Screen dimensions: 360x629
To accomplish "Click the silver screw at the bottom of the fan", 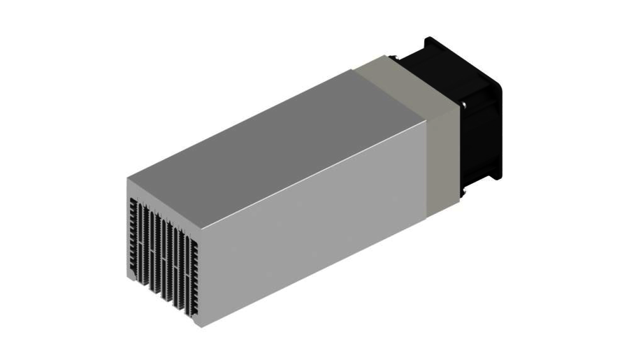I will (461, 195).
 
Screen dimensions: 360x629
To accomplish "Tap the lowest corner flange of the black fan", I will (494, 175).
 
